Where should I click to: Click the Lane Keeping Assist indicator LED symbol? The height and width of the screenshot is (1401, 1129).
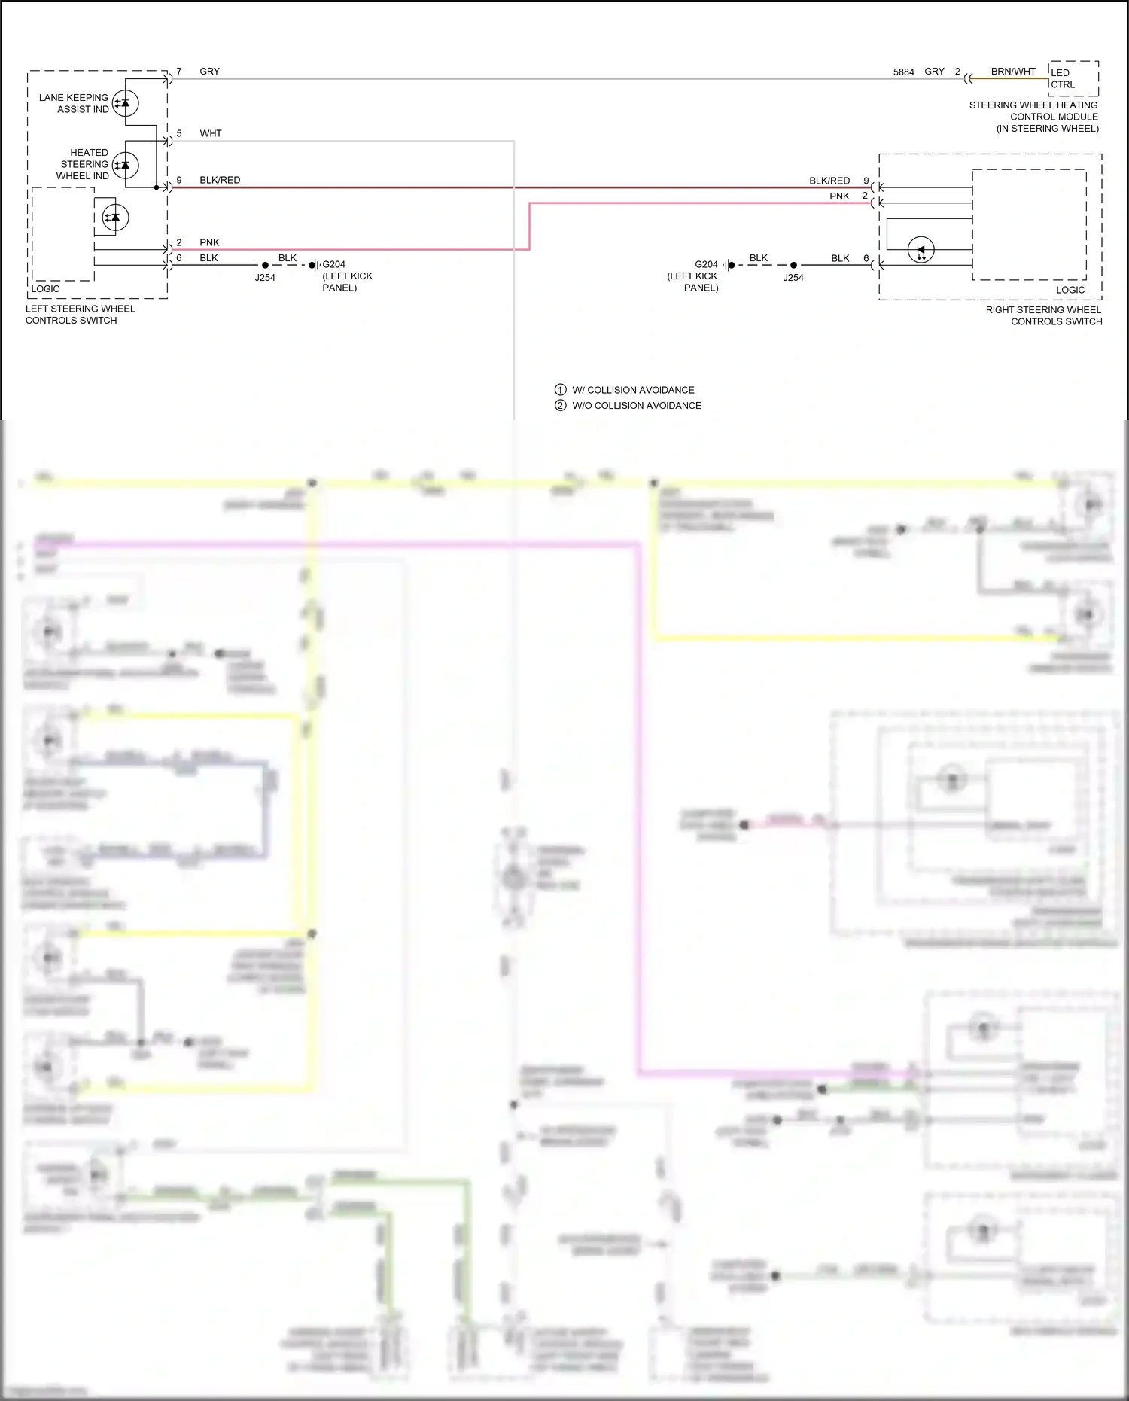[x=125, y=103]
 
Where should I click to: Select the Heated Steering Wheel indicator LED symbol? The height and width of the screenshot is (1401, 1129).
[x=125, y=165]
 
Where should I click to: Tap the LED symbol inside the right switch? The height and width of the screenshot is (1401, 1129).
[x=921, y=250]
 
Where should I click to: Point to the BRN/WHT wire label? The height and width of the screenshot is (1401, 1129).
[x=1012, y=72]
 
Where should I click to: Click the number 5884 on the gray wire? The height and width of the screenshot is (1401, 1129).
[x=903, y=72]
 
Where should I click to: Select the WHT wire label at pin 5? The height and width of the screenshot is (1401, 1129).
[x=211, y=133]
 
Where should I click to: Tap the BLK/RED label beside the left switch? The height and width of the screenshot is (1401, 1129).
[x=220, y=180]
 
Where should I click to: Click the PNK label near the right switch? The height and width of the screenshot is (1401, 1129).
[x=839, y=196]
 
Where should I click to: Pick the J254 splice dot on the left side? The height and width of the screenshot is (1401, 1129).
[x=265, y=266]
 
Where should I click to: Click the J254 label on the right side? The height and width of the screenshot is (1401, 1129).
[x=793, y=278]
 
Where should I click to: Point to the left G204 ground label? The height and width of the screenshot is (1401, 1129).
[x=333, y=265]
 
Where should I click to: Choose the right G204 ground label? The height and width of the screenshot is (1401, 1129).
[x=706, y=265]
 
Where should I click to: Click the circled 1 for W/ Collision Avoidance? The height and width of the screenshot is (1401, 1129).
[x=560, y=390]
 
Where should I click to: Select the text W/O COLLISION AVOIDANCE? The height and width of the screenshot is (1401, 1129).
[x=637, y=406]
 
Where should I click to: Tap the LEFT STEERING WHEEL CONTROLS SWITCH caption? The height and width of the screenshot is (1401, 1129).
[x=80, y=315]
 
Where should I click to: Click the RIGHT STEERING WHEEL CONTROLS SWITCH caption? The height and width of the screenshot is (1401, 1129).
[x=1044, y=315]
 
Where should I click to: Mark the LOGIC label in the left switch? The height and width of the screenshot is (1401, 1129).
[x=45, y=289]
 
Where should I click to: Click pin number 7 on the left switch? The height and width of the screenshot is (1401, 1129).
[x=179, y=72]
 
